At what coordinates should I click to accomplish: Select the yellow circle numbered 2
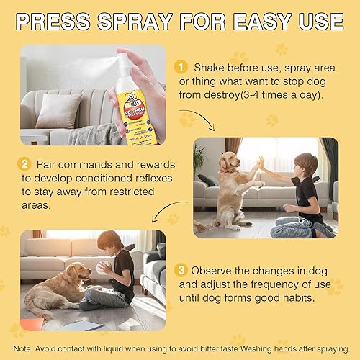[x=27, y=165]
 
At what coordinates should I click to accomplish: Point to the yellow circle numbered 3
[x=182, y=271]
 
